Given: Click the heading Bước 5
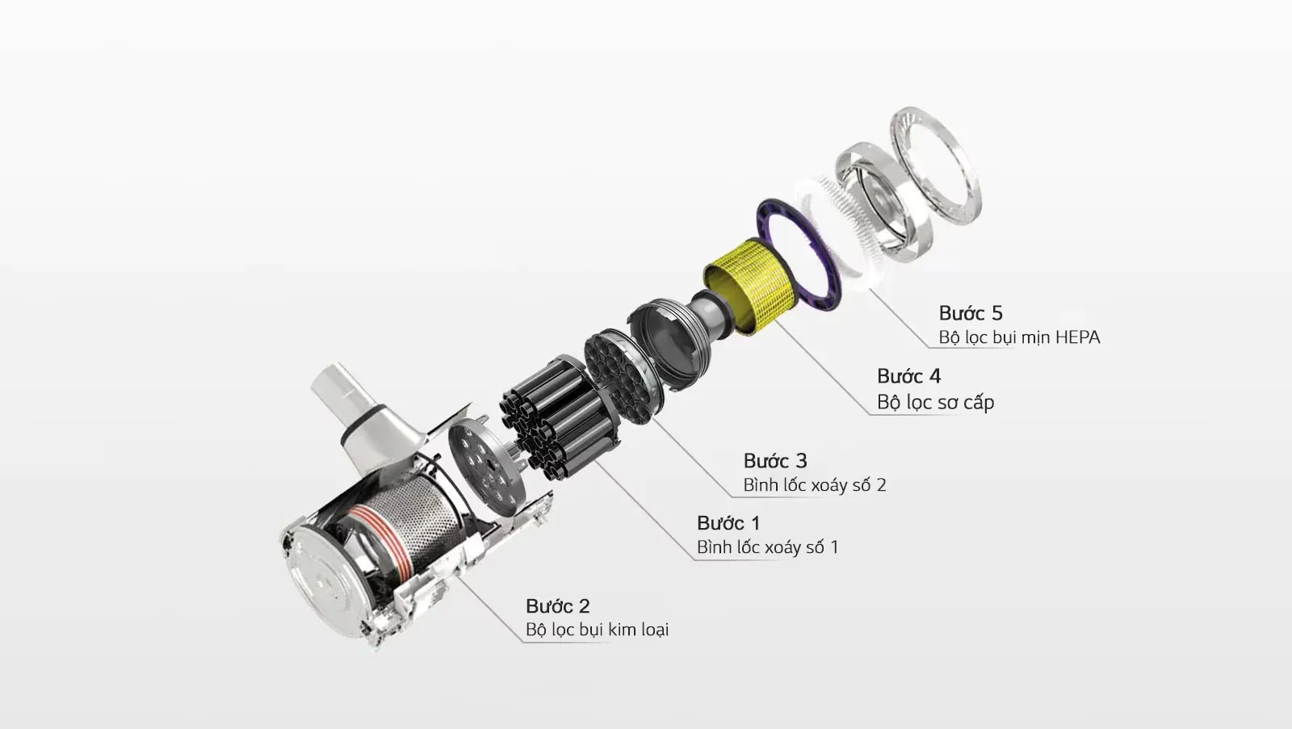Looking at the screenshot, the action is [x=971, y=313].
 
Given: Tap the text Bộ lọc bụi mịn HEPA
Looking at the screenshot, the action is [x=1019, y=337].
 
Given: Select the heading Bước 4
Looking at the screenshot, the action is [x=909, y=376].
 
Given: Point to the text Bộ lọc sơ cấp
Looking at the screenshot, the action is [x=936, y=402].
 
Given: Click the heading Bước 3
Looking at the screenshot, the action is [x=775, y=461].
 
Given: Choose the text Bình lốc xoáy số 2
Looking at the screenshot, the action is [x=815, y=485].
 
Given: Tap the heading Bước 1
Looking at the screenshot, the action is [x=728, y=523].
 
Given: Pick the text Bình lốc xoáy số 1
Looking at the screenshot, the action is [x=768, y=547].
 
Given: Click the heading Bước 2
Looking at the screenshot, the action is [x=558, y=606].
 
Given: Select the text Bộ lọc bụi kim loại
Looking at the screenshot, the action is [x=597, y=630].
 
